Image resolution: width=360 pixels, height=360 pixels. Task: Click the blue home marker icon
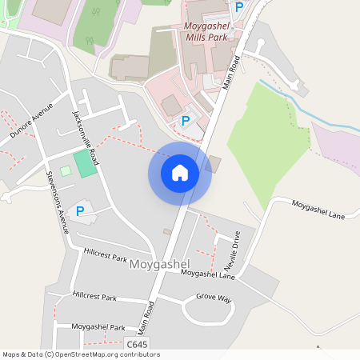click(180, 173)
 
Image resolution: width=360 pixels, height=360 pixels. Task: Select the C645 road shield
click(137, 344)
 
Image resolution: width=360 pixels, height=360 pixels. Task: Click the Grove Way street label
click(214, 298)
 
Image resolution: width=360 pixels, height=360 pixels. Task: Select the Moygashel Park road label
click(98, 327)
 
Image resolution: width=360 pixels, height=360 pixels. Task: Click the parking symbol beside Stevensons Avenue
click(80, 210)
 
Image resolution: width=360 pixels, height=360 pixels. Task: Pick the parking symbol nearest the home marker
click(186, 121)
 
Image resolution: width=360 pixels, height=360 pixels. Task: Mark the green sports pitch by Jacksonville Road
click(85, 164)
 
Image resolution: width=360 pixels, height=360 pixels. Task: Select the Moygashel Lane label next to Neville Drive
click(207, 274)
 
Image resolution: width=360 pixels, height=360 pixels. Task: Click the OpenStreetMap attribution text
click(81, 354)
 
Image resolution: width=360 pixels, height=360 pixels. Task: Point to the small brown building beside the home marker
click(214, 164)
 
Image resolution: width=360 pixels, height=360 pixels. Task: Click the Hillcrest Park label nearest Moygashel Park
click(94, 297)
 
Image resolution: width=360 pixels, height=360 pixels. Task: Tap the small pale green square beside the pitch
click(66, 171)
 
